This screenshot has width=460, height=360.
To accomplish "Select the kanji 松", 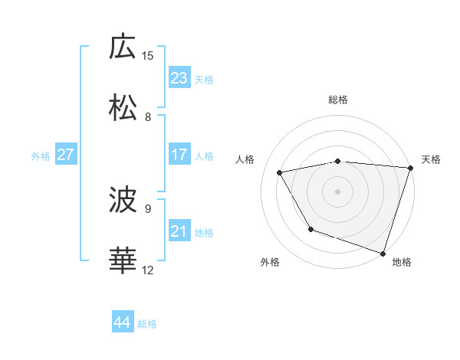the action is [123, 108].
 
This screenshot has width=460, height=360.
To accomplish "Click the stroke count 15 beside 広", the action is [148, 55].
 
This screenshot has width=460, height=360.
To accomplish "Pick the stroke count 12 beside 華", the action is [148, 270].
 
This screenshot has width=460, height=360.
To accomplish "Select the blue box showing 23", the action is [179, 78].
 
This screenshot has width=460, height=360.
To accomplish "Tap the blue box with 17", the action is [179, 155].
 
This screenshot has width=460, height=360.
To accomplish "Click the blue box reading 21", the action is [179, 231].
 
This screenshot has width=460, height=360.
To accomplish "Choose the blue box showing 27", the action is [65, 155].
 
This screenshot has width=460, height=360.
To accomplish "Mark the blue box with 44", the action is [122, 322].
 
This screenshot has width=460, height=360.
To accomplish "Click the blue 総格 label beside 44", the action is [147, 324].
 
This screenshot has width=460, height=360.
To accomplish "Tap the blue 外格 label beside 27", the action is [41, 156].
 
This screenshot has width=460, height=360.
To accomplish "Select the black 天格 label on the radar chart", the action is [432, 159].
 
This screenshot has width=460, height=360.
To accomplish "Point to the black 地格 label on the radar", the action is [402, 262].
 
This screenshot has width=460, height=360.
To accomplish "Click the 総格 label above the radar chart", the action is [338, 100].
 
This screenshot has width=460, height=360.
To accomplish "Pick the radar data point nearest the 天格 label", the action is [410, 168].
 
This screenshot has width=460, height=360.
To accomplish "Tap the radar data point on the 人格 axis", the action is [280, 172].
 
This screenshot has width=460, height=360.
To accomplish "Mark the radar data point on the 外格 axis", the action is [310, 229].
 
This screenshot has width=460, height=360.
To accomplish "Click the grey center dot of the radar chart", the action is [338, 191].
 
